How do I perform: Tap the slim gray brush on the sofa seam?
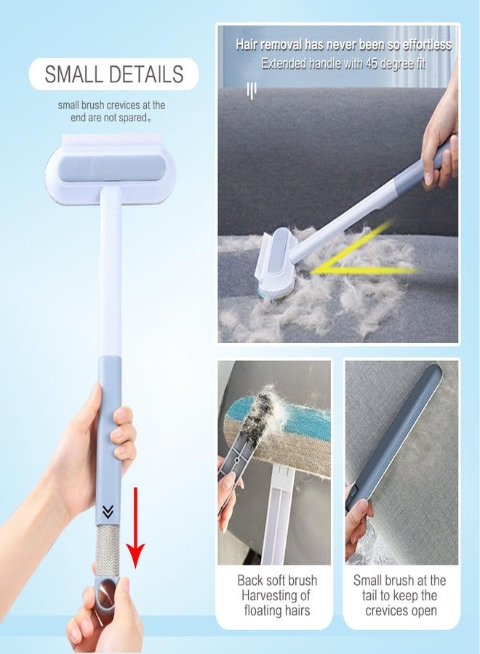[x=396, y=436]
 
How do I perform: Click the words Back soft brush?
[x=276, y=581]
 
